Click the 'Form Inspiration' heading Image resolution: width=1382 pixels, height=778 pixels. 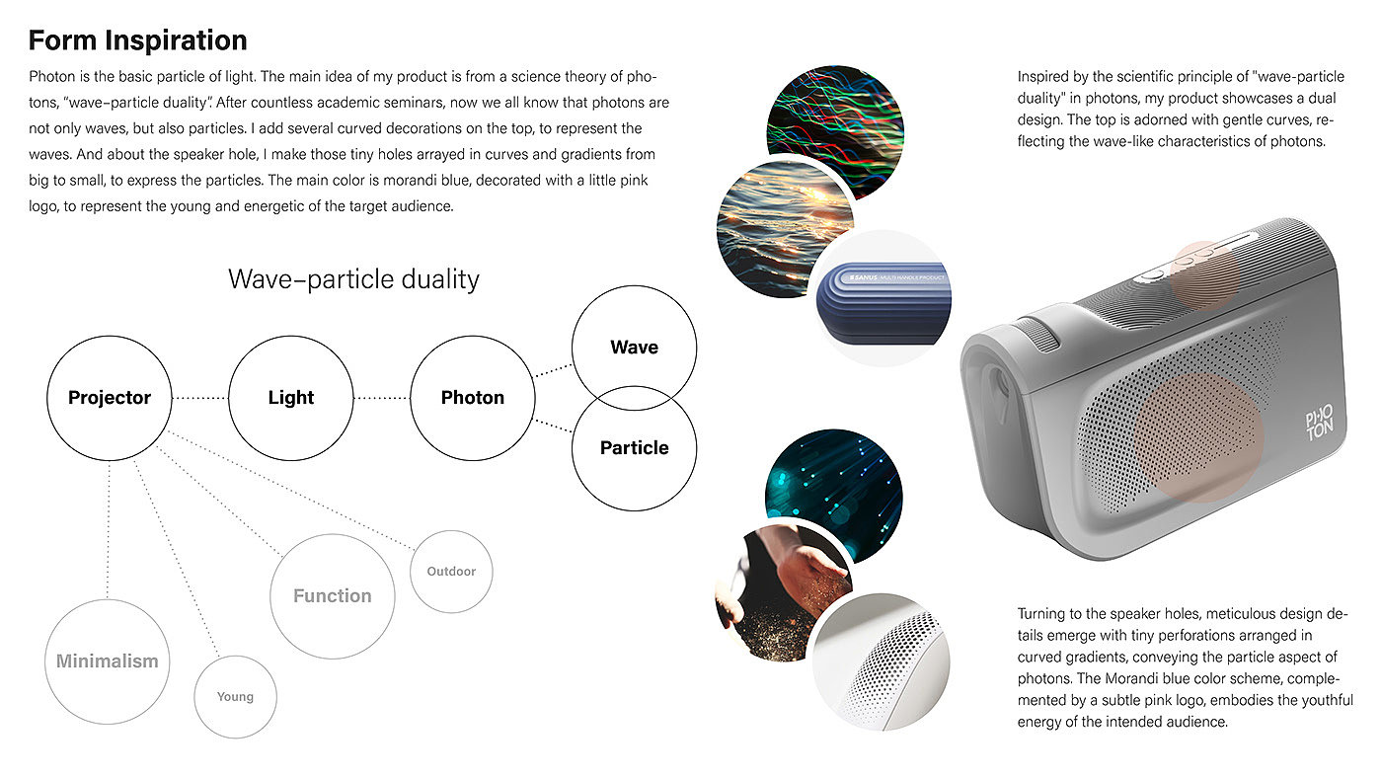pos(137,40)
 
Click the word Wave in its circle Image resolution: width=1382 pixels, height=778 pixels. pos(634,348)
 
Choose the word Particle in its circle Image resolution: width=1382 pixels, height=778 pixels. pos(634,448)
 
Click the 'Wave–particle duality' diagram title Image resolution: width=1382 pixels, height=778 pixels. pos(353,279)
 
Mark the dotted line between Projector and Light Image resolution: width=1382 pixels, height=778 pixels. pos(199,398)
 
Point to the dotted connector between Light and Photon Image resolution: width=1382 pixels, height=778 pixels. pos(382,398)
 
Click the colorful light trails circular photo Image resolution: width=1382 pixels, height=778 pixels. pos(835,133)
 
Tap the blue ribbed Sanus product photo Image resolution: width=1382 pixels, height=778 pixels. pos(883,298)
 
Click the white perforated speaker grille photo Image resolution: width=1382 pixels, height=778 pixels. pos(881,662)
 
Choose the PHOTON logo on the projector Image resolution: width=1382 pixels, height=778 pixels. pos(1319,424)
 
